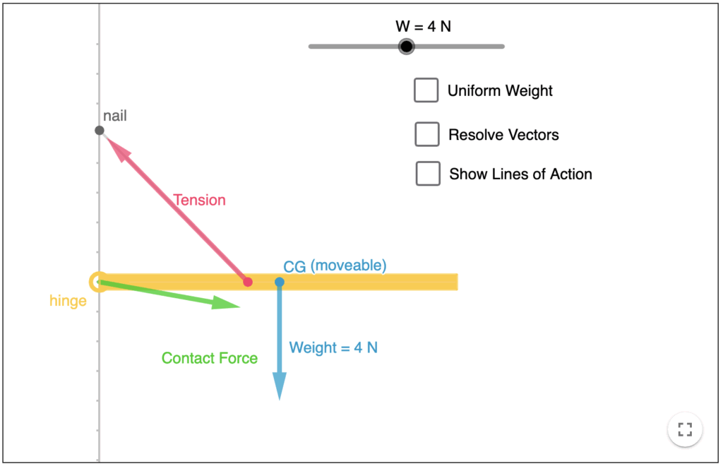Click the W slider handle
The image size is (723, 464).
(x=406, y=47)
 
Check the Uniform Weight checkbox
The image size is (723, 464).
(x=426, y=90)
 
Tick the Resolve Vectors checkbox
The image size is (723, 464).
(x=427, y=134)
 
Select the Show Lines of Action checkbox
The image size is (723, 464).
(x=428, y=174)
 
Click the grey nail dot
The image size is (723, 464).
(x=100, y=131)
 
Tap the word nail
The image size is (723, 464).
(x=115, y=116)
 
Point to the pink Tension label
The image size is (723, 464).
(x=200, y=200)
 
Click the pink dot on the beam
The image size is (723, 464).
(x=248, y=282)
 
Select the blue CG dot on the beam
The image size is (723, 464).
(x=280, y=282)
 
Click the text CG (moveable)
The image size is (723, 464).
(x=335, y=266)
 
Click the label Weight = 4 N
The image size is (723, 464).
(x=333, y=347)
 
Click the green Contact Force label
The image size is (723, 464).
(x=210, y=358)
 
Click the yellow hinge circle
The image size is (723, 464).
(x=98, y=282)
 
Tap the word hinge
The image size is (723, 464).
(x=68, y=301)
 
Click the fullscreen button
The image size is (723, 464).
(x=684, y=429)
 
